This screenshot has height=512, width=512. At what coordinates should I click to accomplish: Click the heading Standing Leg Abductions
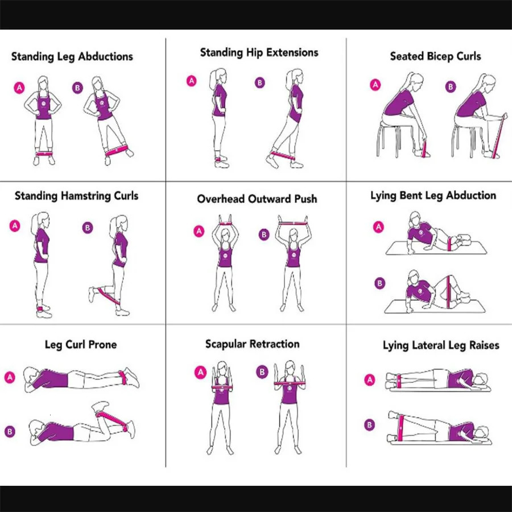pos(72,56)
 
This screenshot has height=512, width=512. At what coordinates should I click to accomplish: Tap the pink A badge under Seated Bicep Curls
pos(375,85)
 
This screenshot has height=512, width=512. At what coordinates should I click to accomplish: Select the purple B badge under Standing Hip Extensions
pos(260,82)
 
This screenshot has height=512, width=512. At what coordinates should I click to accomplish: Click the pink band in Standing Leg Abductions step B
pos(117,151)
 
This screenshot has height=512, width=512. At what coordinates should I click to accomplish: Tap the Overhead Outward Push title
pos(257,199)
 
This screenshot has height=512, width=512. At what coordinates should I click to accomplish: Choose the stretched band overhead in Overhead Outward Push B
pos(293,224)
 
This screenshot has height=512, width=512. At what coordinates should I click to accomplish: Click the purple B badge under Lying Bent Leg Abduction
pos(379,283)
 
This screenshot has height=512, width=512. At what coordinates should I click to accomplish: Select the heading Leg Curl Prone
pos(81,345)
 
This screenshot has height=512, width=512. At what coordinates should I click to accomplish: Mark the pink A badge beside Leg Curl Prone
pos(10,377)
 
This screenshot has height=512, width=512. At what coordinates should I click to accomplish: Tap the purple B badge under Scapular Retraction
pos(262,371)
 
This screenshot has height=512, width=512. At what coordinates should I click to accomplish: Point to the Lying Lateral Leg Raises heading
pos(441,345)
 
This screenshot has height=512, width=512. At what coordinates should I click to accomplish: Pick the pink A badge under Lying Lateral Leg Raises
pos(370,380)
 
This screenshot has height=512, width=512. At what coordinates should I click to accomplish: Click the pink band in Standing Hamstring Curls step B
pos(109,295)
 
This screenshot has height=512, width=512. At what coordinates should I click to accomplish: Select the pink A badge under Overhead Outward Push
pos(199,231)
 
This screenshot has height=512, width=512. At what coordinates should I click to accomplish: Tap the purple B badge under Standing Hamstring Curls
pos(88,228)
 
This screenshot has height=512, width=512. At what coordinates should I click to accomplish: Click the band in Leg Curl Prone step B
pos(112,421)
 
